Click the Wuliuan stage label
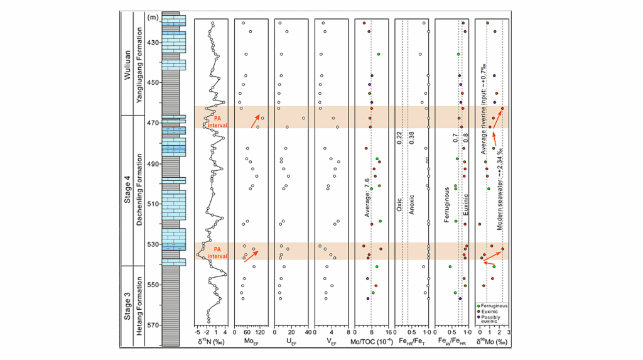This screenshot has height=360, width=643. coord(127,63)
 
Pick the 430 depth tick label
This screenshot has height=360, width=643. coord(153,42)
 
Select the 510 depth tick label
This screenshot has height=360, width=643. coord(153,204)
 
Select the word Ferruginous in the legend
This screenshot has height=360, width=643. coord(495,306)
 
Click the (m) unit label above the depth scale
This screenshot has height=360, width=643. coord(153,18)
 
